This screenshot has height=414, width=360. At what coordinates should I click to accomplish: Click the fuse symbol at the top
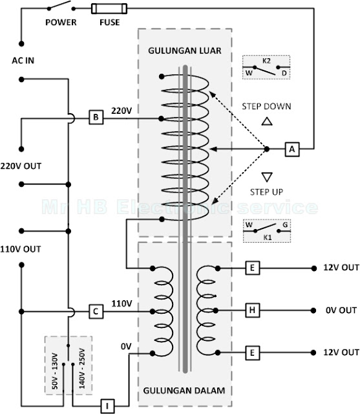click(109, 8)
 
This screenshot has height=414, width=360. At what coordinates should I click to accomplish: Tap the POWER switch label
click(61, 23)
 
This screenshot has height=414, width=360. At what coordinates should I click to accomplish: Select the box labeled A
click(292, 149)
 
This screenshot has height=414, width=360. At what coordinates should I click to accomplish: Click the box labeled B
click(96, 117)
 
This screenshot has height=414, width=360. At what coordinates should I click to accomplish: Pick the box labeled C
click(96, 311)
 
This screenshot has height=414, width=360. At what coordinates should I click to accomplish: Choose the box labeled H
click(253, 310)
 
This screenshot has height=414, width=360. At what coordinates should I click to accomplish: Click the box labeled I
click(107, 406)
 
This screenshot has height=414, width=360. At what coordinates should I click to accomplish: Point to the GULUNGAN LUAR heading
click(185, 50)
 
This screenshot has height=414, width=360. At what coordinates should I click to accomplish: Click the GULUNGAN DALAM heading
click(184, 390)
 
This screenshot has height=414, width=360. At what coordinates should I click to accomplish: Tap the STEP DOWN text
click(267, 106)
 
